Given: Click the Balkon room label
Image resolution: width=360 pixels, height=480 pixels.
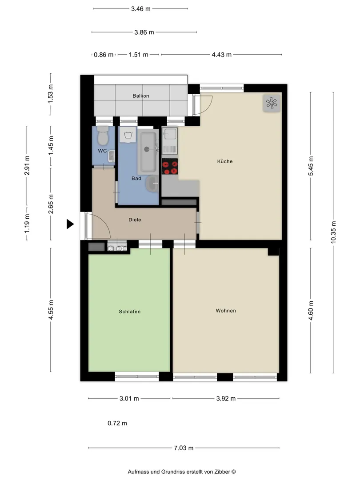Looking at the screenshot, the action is pyautogui.click(x=141, y=96).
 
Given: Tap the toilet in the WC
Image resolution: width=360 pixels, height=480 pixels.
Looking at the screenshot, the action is pyautogui.click(x=103, y=136).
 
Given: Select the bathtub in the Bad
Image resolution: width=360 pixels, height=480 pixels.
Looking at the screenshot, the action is pyautogui.click(x=148, y=152).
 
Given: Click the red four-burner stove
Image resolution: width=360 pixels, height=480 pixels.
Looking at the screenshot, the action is pyautogui.click(x=170, y=167).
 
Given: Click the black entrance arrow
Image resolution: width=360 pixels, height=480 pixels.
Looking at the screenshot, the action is pyautogui.click(x=70, y=224).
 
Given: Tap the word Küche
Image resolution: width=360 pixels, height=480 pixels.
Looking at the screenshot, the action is pyautogui.click(x=225, y=161).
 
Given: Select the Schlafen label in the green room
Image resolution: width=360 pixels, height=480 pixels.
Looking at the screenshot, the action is pyautogui.click(x=129, y=312).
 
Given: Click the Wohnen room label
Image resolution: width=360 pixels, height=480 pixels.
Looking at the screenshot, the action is pyautogui.click(x=226, y=311).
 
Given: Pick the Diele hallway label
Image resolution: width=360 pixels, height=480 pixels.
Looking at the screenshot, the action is pyautogui.click(x=135, y=220).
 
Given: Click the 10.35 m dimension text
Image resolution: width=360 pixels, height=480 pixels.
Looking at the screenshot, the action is pyautogui.click(x=333, y=232).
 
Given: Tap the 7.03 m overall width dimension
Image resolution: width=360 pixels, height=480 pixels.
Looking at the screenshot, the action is pyautogui.click(x=184, y=448).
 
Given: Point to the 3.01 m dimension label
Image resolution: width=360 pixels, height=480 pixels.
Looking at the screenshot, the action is pyautogui.click(x=129, y=399).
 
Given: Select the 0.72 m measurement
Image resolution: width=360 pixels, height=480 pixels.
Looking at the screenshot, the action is pyautogui.click(x=117, y=423).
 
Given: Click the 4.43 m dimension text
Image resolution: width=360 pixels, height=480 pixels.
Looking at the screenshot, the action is pyautogui.click(x=222, y=55).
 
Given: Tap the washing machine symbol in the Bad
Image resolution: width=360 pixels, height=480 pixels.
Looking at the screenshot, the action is pyautogui.click(x=128, y=135).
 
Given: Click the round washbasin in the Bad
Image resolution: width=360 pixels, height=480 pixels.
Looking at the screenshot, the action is pyautogui.click(x=152, y=184).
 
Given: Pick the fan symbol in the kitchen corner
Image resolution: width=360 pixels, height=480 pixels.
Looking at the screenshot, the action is pyautogui.click(x=272, y=103).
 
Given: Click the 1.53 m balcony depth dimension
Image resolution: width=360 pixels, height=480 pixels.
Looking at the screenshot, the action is pyautogui.click(x=51, y=94).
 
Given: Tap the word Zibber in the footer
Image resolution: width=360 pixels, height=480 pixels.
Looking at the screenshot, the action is pyautogui.click(x=223, y=472).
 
